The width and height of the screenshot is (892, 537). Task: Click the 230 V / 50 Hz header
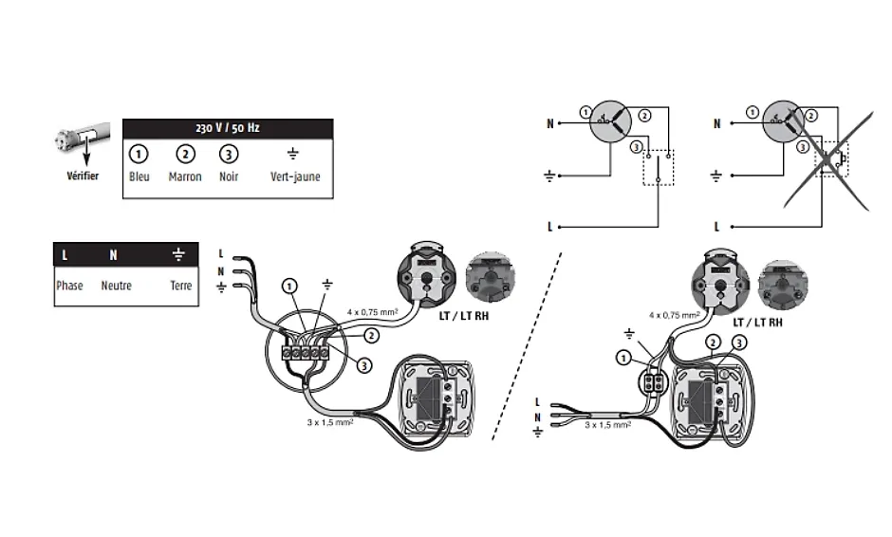tap(227, 128)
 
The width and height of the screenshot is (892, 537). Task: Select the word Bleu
tap(139, 176)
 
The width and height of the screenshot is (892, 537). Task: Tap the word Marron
tap(185, 176)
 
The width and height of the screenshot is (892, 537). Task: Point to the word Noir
tap(228, 176)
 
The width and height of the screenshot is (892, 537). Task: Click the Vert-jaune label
tap(295, 176)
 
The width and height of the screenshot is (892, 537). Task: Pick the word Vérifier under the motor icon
tap(82, 177)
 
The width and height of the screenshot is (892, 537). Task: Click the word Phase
tap(69, 286)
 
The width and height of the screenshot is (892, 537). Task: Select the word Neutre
tap(116, 286)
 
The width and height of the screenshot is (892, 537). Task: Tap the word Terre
tap(180, 286)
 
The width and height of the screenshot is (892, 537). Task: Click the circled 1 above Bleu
tap(139, 154)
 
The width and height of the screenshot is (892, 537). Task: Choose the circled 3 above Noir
tap(228, 154)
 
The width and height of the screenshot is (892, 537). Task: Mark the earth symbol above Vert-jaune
tap(294, 154)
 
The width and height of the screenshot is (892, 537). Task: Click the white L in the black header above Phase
tap(65, 255)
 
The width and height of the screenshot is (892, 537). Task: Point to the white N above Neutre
tap(113, 255)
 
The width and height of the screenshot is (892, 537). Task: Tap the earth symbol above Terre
tap(178, 255)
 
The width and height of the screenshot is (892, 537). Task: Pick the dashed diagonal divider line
tap(527, 346)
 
